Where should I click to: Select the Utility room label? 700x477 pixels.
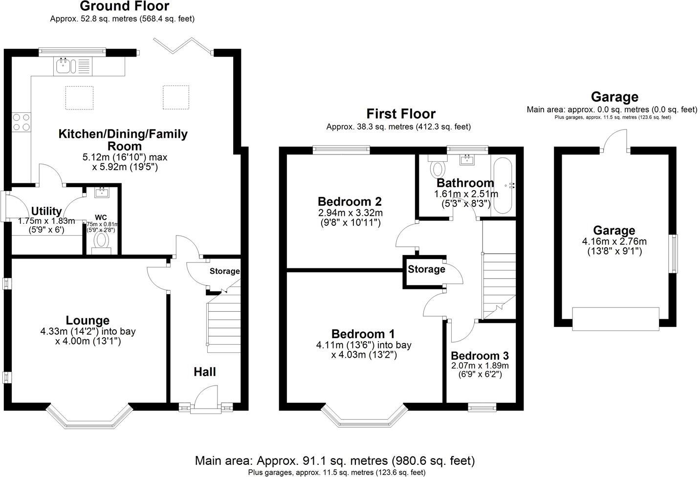pyautogui.click(x=46, y=211)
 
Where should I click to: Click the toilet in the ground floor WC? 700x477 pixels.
pyautogui.click(x=102, y=240)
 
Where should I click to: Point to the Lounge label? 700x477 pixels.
pyautogui.click(x=88, y=321)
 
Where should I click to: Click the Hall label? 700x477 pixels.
pyautogui.click(x=204, y=372)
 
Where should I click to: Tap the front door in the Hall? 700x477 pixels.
pyautogui.click(x=205, y=398)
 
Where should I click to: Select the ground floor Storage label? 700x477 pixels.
pyautogui.click(x=224, y=271)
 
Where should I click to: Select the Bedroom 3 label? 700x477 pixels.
pyautogui.click(x=480, y=356)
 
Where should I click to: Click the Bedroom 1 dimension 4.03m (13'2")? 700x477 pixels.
pyautogui.click(x=364, y=355)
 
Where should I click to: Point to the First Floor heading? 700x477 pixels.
pyautogui.click(x=401, y=114)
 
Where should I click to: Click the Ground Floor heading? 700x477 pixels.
pyautogui.click(x=124, y=6)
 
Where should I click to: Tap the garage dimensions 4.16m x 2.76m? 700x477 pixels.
pyautogui.click(x=614, y=241)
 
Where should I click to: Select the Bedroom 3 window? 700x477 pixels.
pyautogui.click(x=481, y=406)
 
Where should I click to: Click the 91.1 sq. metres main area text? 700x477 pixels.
pyautogui.click(x=335, y=460)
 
